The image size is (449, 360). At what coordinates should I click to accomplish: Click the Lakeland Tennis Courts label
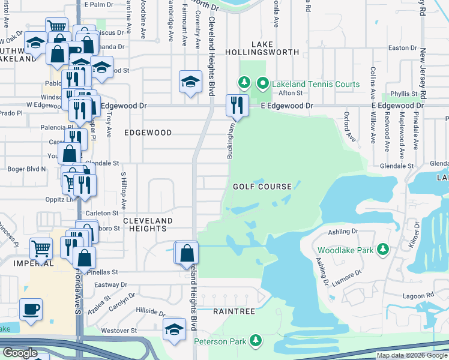[316, 84]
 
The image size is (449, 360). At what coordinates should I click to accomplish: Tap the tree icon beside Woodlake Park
[381, 250]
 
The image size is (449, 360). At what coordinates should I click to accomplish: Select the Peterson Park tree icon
[256, 341]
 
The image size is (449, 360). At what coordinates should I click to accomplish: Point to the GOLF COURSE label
[262, 187]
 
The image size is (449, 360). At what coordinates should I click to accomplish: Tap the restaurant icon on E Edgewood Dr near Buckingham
[236, 106]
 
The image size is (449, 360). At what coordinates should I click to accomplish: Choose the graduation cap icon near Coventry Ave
[190, 82]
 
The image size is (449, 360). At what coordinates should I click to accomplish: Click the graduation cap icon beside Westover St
[174, 329]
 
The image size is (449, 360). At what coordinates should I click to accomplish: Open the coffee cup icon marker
[31, 310]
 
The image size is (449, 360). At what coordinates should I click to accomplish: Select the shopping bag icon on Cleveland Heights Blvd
[187, 253]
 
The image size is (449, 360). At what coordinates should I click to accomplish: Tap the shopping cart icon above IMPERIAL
[41, 247]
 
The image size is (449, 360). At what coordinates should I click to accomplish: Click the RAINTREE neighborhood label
[235, 312]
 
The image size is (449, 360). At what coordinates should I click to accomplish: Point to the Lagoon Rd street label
[418, 295]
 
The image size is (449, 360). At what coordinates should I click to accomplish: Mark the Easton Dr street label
[402, 47]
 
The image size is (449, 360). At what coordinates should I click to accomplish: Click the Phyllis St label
[403, 94]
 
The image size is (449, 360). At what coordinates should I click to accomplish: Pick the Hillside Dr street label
[150, 312]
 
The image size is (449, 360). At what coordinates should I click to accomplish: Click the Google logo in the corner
[20, 353]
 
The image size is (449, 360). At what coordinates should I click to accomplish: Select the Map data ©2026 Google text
[411, 355]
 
